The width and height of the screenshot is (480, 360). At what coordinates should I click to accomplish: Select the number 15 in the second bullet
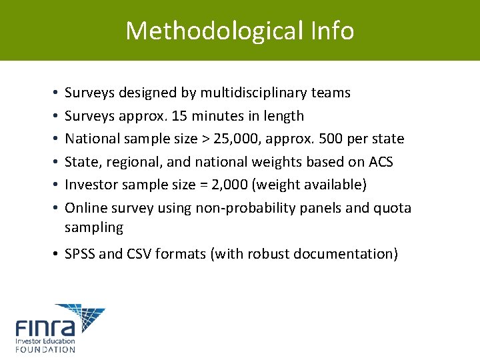179,116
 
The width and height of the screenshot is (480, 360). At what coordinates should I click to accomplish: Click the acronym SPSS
79,254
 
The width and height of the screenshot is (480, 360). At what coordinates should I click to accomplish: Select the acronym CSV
139,254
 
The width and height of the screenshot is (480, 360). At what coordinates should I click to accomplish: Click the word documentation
345,254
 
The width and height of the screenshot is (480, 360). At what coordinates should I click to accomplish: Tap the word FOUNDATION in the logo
45,349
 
